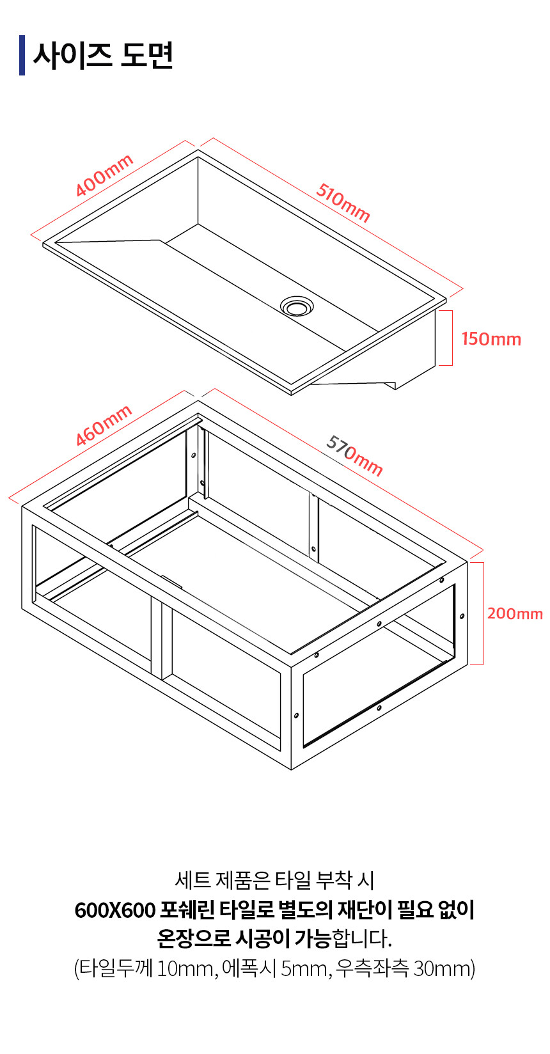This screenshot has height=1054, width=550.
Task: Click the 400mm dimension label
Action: pos(104,175)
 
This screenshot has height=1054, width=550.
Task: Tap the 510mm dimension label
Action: pos(343,202)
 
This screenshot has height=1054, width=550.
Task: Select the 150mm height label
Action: pos(491,339)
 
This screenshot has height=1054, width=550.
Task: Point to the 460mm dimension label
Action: pos(104,425)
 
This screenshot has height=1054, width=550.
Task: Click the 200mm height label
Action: pos(515,613)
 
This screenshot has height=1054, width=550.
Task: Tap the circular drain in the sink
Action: pos(297,306)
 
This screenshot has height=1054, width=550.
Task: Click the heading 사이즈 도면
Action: pos(103,56)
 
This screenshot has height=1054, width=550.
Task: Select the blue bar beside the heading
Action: pos(22,55)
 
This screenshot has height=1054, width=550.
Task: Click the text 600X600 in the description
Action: pos(115,911)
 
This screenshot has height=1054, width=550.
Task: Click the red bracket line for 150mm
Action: pos(452,338)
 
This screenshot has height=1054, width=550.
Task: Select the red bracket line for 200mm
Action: pos(483,613)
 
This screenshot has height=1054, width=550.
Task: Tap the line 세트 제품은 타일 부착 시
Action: pos(274,881)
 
